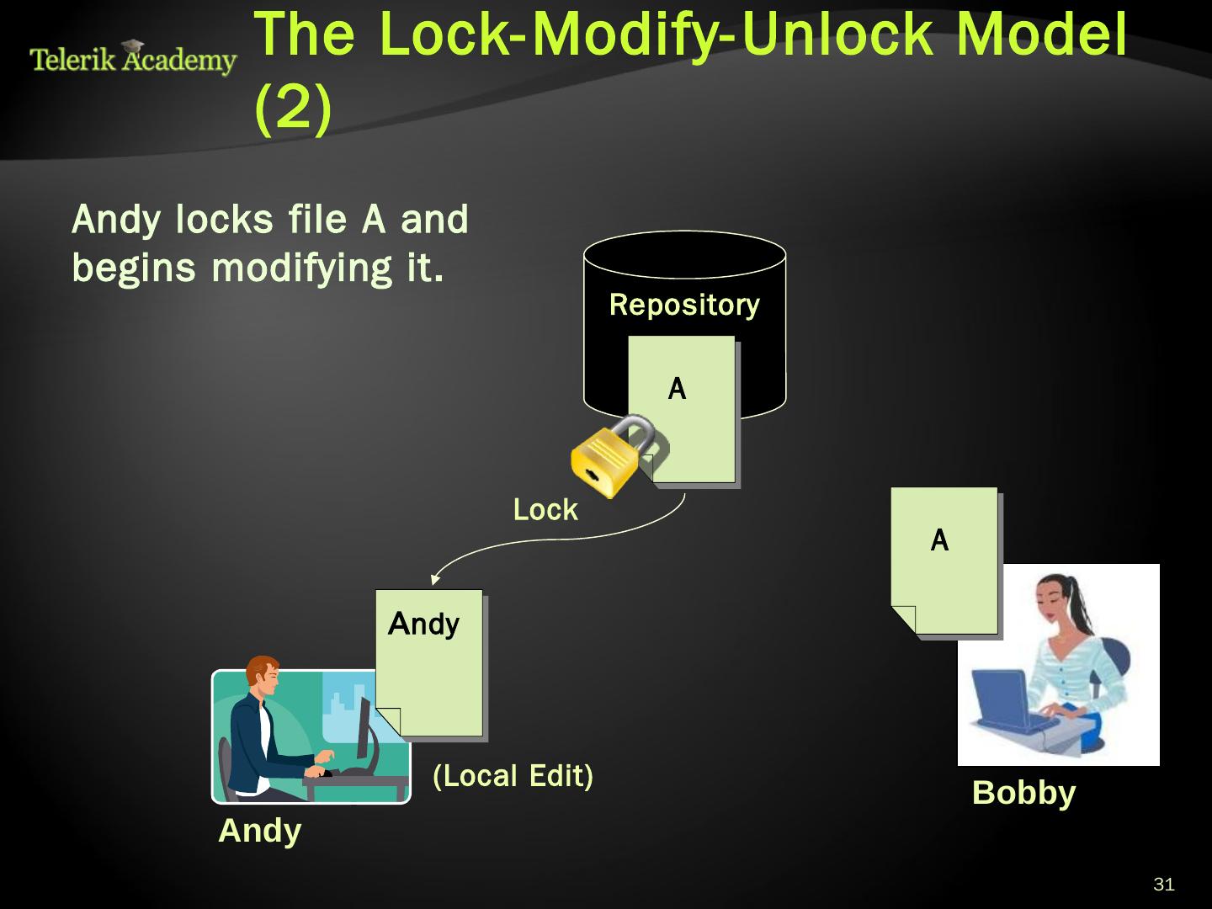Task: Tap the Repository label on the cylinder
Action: point(683,305)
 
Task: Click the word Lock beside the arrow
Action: point(545,510)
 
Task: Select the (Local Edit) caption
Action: point(513,775)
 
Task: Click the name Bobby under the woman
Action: point(1023,794)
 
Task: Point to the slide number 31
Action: point(1163,885)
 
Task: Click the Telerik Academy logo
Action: point(133,59)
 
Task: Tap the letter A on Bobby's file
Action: point(939,540)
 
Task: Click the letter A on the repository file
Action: point(677,389)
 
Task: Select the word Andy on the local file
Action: point(423,625)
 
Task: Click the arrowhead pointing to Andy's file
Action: point(434,578)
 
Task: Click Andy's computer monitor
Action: point(364,728)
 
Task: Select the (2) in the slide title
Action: point(292,108)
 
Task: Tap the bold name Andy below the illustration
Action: point(259,832)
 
